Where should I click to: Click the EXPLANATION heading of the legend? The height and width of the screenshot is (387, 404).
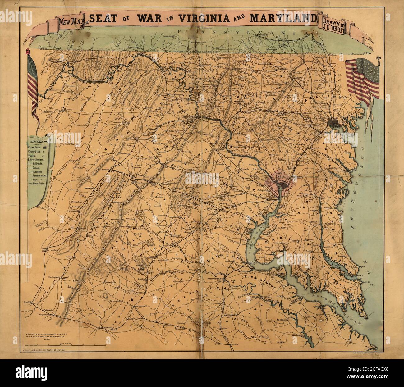pyautogui.click(x=38, y=136)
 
